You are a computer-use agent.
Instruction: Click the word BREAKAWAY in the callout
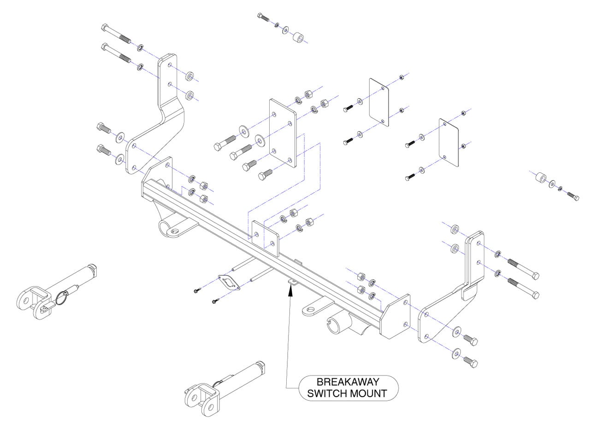tap(348, 382)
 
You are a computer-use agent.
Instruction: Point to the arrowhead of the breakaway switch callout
tap(290, 290)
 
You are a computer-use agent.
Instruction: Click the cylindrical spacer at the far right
tap(541, 178)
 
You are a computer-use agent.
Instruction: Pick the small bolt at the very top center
tap(263, 17)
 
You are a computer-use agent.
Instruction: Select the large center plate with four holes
tap(283, 133)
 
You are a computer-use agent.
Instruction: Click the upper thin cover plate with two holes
tap(379, 102)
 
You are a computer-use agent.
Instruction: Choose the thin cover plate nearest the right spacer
tap(448, 143)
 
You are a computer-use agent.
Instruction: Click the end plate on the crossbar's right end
tap(395, 317)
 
